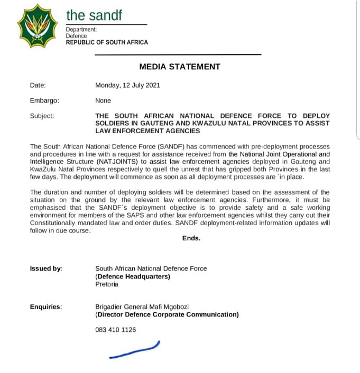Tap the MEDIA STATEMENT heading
[180, 67]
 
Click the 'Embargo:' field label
[44, 100]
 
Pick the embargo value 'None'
[103, 100]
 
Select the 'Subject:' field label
[42, 116]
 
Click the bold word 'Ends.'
[191, 238]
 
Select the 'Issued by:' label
[46, 269]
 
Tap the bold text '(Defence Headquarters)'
[133, 276]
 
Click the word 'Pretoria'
[107, 284]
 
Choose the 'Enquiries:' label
[45, 307]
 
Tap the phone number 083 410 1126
[115, 330]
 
